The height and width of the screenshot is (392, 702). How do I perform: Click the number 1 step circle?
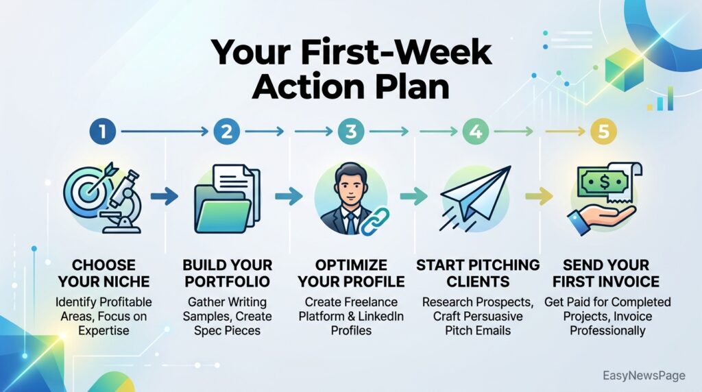coord(103,131)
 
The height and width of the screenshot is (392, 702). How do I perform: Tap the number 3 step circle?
coord(351,131)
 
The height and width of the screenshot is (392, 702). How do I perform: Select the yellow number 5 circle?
coord(603,131)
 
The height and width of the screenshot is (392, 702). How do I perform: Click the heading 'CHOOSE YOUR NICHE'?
coord(104,273)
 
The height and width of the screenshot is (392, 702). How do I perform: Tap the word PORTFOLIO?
coord(228,282)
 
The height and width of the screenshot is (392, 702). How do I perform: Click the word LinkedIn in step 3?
coord(381,316)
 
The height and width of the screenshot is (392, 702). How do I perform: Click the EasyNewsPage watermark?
coord(644,376)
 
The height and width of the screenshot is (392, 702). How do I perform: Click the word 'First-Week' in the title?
coord(396,52)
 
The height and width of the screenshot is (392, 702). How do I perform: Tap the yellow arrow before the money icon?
coord(539,196)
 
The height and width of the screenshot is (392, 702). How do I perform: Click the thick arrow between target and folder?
coord(165,196)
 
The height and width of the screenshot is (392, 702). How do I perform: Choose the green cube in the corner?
coord(624,70)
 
